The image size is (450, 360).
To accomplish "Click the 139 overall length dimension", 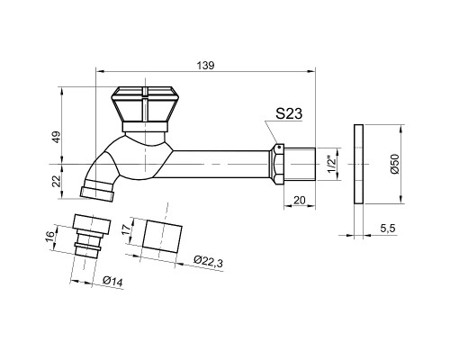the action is pyautogui.click(x=206, y=66).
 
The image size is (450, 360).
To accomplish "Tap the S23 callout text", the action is pyautogui.click(x=289, y=113).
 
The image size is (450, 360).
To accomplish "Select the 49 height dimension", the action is pyautogui.click(x=57, y=137).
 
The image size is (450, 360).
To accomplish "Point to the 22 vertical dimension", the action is pyautogui.click(x=57, y=181).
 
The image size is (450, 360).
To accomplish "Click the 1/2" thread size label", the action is pyautogui.click(x=331, y=164).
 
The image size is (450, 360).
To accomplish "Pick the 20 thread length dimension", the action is pyautogui.click(x=300, y=200).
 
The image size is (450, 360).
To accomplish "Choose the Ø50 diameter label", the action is pyautogui.click(x=395, y=164).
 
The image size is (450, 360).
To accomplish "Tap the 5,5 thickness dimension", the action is pyautogui.click(x=388, y=229).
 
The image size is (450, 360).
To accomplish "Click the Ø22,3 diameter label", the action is pyautogui.click(x=208, y=261).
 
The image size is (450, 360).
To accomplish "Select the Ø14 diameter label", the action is pyautogui.click(x=112, y=282).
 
